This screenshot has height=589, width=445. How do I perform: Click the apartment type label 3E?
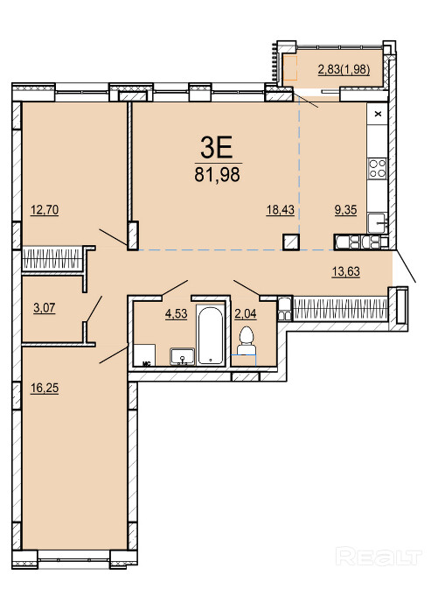(217, 147)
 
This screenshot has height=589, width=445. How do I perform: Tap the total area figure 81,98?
(217, 175)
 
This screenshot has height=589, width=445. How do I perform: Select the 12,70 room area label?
(45, 209)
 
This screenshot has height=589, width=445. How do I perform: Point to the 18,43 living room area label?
(281, 209)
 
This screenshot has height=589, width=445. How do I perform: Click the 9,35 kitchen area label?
(345, 209)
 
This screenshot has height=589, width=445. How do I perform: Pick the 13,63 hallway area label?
(346, 270)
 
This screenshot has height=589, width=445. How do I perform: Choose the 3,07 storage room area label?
(45, 308)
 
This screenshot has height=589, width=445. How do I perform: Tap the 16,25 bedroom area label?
(45, 388)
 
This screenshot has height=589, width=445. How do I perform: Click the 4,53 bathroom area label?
(176, 313)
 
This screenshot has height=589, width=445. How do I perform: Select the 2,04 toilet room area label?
(246, 313)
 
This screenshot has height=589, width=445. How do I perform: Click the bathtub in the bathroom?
(211, 335)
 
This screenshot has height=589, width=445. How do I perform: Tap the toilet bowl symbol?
(247, 340)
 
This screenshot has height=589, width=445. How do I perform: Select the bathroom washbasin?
(183, 356)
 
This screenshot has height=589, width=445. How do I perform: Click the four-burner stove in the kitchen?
(378, 168)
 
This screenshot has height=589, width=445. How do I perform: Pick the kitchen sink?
(377, 223)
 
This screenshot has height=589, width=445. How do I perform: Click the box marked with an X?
(378, 114)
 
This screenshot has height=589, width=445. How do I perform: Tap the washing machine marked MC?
(145, 354)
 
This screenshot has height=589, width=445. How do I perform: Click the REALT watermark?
(379, 556)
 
